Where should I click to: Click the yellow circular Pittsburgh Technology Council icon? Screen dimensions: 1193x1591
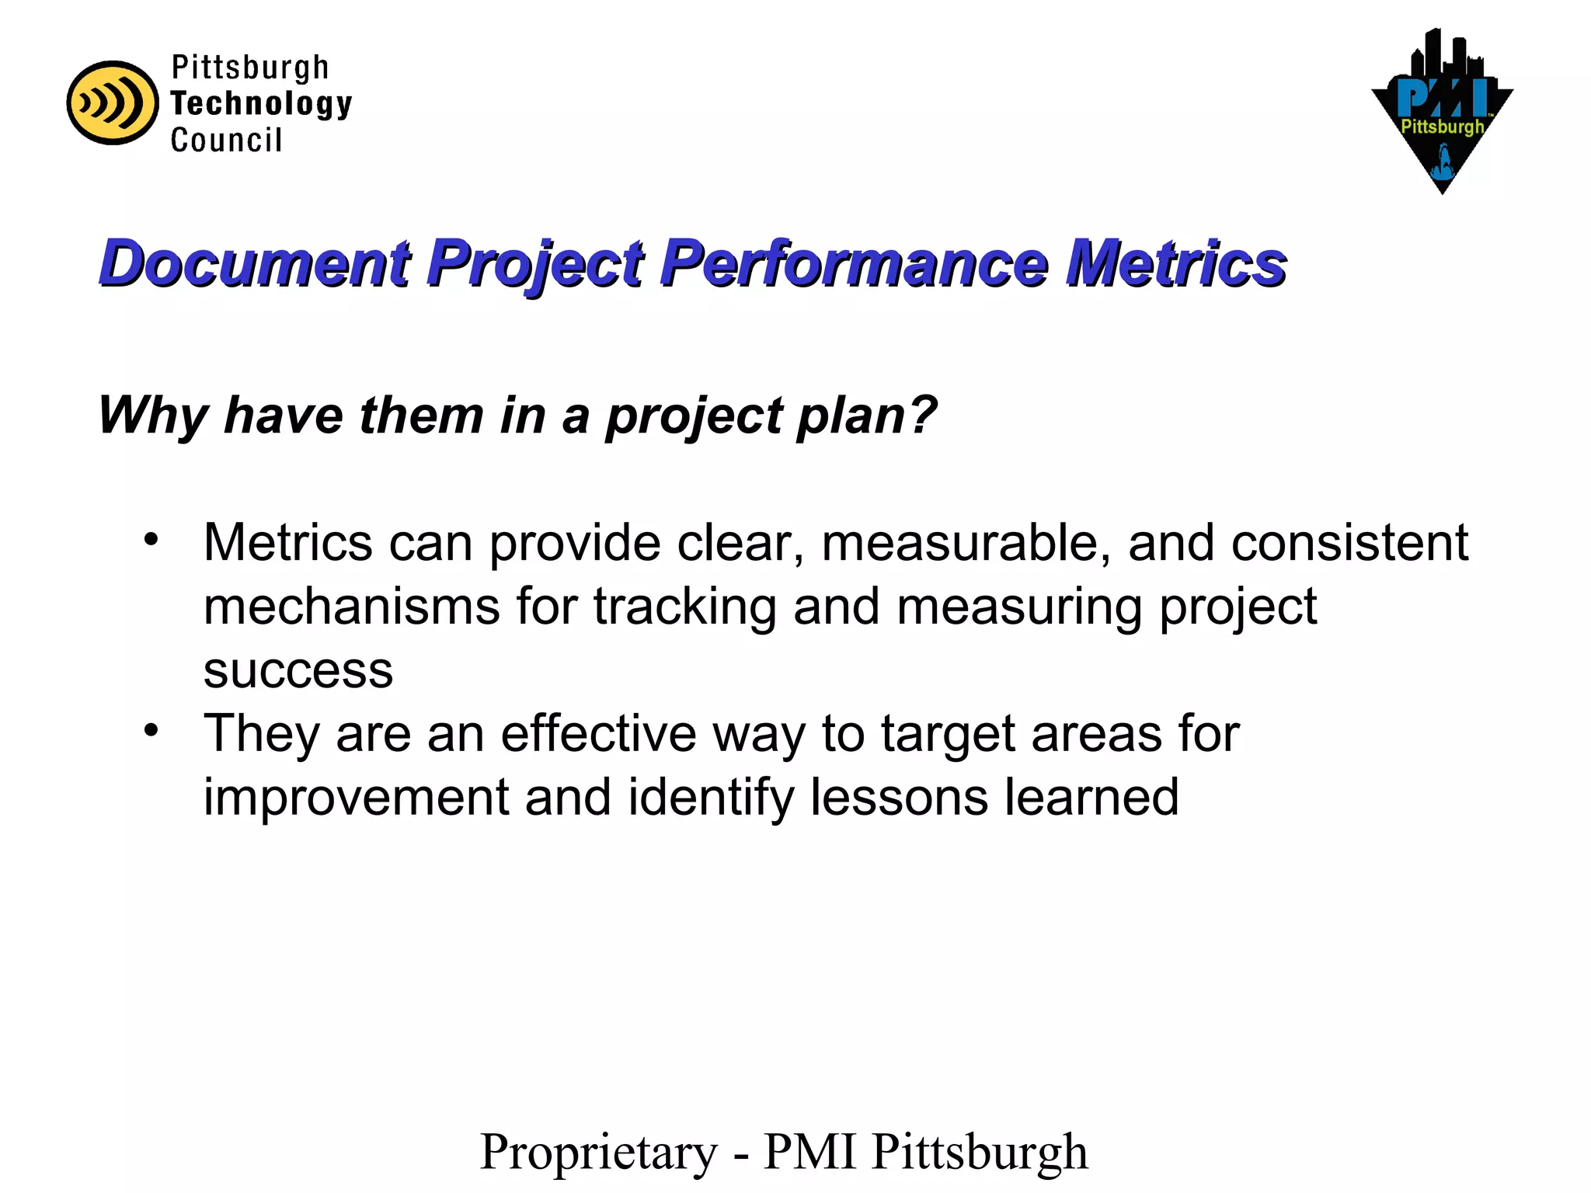coord(113,103)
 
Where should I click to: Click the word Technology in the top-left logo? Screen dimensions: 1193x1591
coord(261,104)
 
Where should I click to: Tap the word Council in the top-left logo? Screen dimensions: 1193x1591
coord(226,141)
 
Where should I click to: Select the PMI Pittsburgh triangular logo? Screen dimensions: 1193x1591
coord(1442,113)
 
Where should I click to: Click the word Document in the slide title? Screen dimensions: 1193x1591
coord(255,264)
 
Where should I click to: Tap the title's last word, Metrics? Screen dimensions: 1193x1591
coord(1175,264)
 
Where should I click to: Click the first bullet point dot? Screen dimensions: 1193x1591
coord(151,538)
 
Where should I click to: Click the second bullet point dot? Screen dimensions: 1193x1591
coord(151,729)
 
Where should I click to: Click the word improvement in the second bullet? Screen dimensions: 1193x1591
coord(356,798)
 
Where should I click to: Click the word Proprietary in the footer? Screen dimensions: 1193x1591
coord(599,1153)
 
